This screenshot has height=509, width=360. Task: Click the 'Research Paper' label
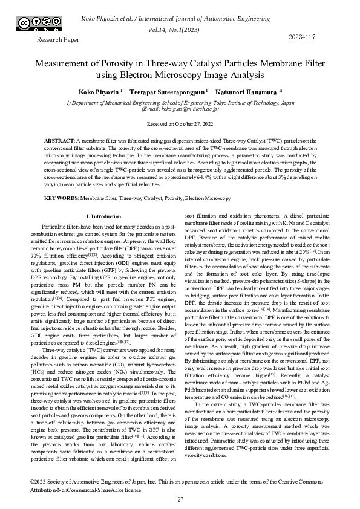pyautogui.click(x=58, y=39)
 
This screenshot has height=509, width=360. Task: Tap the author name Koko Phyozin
pyautogui.click(x=99, y=92)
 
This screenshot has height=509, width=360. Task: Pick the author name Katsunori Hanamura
pyautogui.click(x=253, y=92)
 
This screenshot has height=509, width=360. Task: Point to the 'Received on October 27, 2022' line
pyautogui.click(x=180, y=123)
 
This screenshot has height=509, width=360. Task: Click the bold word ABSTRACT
pyautogui.click(x=59, y=140)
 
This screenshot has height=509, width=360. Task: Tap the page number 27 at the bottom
pyautogui.click(x=180, y=499)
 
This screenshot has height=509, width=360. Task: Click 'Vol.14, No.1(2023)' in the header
pyautogui.click(x=180, y=28)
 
